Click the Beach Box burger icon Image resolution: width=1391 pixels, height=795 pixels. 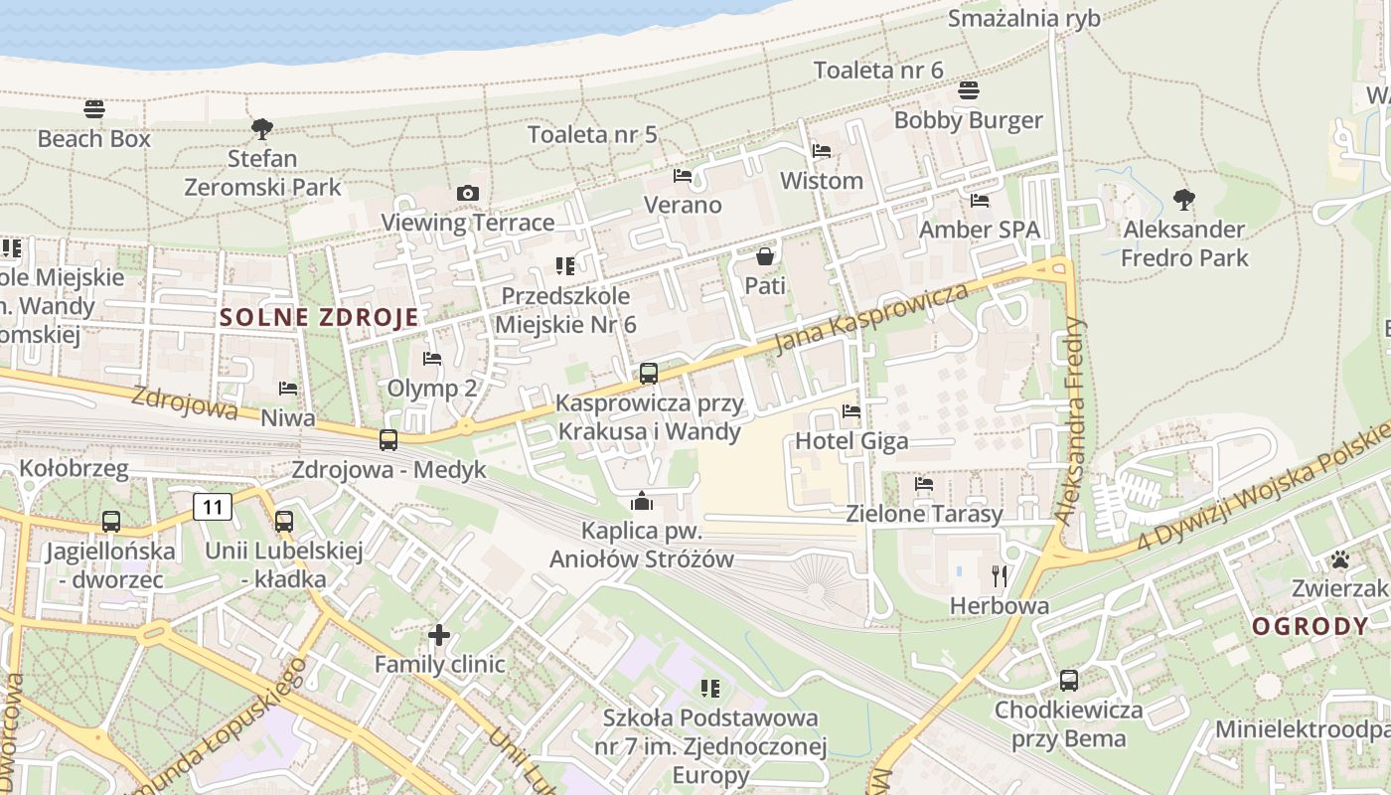pos(94,108)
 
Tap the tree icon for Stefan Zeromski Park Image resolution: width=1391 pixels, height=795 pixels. pos(262,128)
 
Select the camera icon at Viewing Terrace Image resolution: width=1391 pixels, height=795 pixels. pos(468,193)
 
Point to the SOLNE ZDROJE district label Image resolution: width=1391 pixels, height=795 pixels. pos(319,318)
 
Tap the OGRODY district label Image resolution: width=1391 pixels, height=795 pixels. pos(1310,626)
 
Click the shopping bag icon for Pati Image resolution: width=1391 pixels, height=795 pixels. pos(765,256)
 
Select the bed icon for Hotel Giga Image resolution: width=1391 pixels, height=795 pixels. pos(851,410)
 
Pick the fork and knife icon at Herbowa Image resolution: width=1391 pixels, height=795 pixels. pos(1000,575)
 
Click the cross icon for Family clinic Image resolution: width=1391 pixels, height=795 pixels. pos(439,634)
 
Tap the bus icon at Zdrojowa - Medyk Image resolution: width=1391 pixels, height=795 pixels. pos(388,439)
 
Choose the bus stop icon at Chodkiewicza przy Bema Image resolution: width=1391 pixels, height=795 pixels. pos(1069,681)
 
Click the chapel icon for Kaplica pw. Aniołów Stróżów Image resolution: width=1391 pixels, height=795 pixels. pos(642,501)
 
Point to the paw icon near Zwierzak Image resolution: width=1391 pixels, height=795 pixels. pos(1340,559)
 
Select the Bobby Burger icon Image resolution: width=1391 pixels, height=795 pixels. pos(969,90)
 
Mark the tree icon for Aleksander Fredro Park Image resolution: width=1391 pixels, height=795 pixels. pos(1183,200)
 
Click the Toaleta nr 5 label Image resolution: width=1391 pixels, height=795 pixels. pos(592,134)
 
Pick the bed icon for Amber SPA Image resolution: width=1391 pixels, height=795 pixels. pos(980,200)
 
